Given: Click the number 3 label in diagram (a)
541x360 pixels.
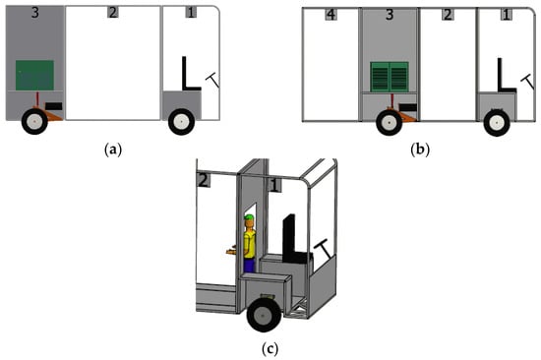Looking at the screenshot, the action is point(34,13).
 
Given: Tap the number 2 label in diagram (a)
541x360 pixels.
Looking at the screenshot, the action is point(113,12).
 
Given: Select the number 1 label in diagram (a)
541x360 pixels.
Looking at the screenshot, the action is point(191,13).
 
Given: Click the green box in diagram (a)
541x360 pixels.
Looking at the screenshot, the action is point(34,75).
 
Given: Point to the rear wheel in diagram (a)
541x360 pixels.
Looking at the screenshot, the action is point(34,122).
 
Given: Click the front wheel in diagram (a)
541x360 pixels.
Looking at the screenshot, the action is point(181,122).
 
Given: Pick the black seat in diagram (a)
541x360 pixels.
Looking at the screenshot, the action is point(191,74).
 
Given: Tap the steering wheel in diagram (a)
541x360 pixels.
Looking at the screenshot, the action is point(212,80).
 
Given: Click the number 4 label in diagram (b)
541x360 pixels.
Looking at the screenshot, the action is point(331,15).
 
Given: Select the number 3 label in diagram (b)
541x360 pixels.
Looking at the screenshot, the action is point(390,15).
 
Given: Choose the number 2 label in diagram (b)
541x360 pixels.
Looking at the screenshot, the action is point(448,15).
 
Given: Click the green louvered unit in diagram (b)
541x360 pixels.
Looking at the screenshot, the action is point(390,77).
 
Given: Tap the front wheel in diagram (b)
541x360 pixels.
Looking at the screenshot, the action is point(497,123).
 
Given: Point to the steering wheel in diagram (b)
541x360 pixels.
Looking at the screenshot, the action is point(527,82).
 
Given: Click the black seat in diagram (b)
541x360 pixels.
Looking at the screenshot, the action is point(507,75).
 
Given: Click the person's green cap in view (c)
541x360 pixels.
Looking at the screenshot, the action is point(249,217).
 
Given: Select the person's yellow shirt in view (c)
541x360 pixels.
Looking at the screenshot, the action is point(250,244).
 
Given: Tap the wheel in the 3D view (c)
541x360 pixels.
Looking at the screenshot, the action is point(264,315).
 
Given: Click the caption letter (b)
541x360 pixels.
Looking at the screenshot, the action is point(420,150).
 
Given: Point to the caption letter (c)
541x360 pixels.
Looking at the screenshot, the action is point(270,349).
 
